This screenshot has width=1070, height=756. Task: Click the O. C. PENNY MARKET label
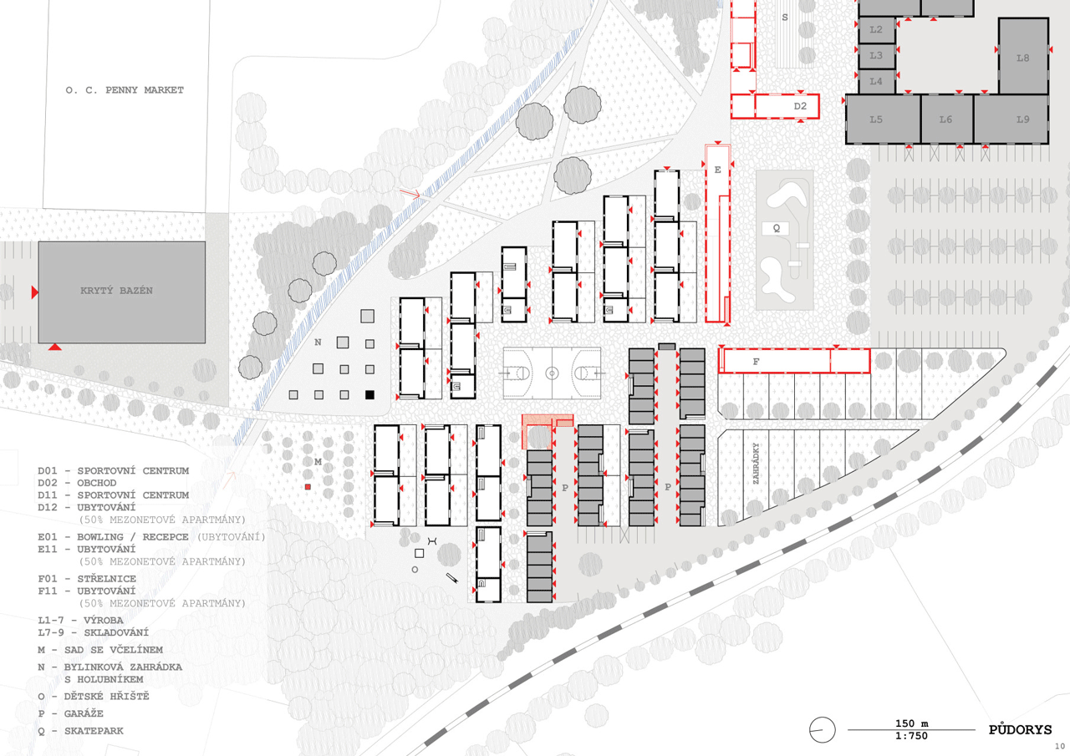125,90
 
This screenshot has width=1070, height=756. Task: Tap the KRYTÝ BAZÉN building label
116,291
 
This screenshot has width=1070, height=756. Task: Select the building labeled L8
1023,56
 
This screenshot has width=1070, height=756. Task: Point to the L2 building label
875,29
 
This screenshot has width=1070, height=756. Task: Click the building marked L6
946,119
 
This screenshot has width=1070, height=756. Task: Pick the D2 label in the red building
800,106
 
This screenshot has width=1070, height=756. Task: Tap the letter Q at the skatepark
777,229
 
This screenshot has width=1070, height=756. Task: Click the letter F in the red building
756,362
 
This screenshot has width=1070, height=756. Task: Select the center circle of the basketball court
552,373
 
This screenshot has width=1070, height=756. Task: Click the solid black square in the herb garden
369,394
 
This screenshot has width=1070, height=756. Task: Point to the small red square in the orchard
308,487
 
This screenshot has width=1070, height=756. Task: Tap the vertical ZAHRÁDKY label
756,464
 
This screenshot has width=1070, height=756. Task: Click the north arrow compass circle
822,730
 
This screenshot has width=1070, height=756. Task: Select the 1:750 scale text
911,736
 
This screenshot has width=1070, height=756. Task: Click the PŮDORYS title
1020,730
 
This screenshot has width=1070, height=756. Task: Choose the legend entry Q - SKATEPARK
81,731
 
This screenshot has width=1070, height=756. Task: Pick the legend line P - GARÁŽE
71,714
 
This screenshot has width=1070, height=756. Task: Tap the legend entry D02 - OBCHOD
78,483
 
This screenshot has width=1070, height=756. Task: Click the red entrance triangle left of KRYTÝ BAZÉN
34,292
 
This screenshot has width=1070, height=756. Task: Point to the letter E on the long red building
717,170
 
